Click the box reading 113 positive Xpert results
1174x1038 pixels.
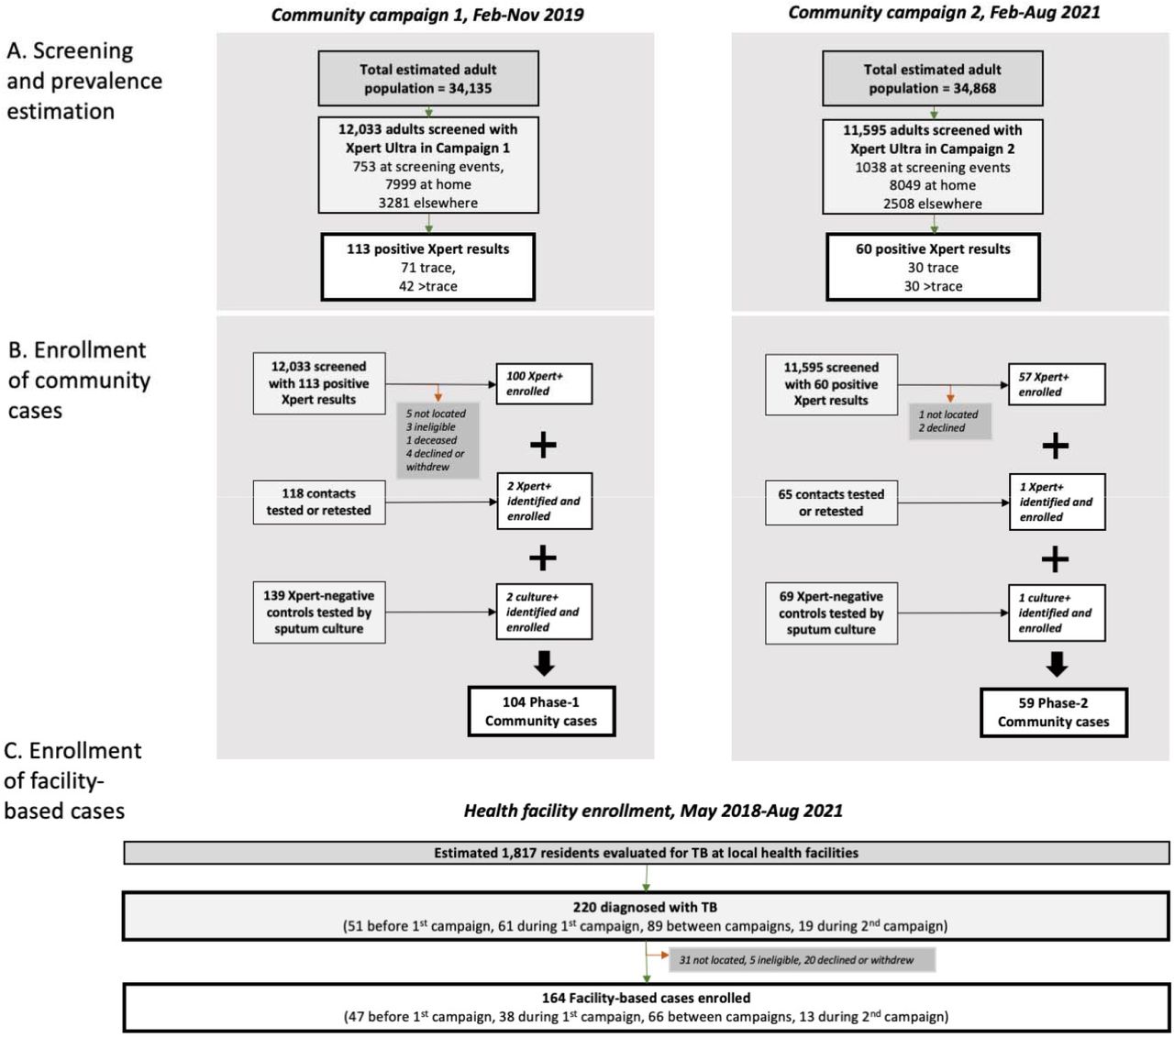click(427, 267)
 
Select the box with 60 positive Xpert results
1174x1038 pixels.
click(933, 267)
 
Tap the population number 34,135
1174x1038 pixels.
click(470, 88)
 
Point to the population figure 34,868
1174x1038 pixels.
click(975, 88)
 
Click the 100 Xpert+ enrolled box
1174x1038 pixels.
click(544, 383)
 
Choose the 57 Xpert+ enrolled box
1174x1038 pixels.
click(1057, 384)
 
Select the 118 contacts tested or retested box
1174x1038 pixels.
click(318, 502)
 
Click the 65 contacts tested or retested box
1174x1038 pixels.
click(831, 502)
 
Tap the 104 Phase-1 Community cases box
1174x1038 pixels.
click(541, 712)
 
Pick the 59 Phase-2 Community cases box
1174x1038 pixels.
click(1054, 712)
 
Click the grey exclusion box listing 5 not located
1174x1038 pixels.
click(437, 440)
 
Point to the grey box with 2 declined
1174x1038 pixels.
click(949, 421)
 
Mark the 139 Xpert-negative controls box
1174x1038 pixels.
click(318, 613)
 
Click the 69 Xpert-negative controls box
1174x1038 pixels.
click(831, 613)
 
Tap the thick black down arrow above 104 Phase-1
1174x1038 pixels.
click(544, 663)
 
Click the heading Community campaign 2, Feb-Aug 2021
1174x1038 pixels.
click(944, 13)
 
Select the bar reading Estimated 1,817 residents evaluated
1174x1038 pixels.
click(646, 853)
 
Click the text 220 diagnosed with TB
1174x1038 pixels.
click(645, 907)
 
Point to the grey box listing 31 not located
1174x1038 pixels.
click(802, 960)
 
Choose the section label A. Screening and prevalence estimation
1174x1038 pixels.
click(84, 81)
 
